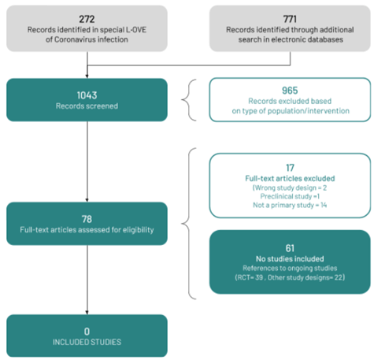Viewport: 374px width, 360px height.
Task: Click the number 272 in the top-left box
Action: point(87,19)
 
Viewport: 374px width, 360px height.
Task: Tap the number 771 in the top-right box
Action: point(290,19)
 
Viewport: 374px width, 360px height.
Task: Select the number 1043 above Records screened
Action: point(87,95)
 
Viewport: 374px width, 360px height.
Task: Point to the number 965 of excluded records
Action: point(290,91)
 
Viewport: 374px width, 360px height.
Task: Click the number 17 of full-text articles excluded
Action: point(290,168)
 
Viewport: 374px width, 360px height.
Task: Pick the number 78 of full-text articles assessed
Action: point(87,219)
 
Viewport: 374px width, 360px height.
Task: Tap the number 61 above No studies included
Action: point(290,248)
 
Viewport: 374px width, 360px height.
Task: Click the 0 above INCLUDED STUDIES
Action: point(87,332)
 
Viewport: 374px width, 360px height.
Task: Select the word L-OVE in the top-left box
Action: point(136,30)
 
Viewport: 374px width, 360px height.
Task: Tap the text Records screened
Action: point(87,106)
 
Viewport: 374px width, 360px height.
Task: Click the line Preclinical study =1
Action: point(290,196)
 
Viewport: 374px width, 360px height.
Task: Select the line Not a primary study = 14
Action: point(290,205)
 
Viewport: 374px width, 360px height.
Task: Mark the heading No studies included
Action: point(290,259)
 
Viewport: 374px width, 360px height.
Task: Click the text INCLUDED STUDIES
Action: point(87,342)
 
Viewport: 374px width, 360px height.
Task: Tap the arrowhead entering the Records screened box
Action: point(87,76)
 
